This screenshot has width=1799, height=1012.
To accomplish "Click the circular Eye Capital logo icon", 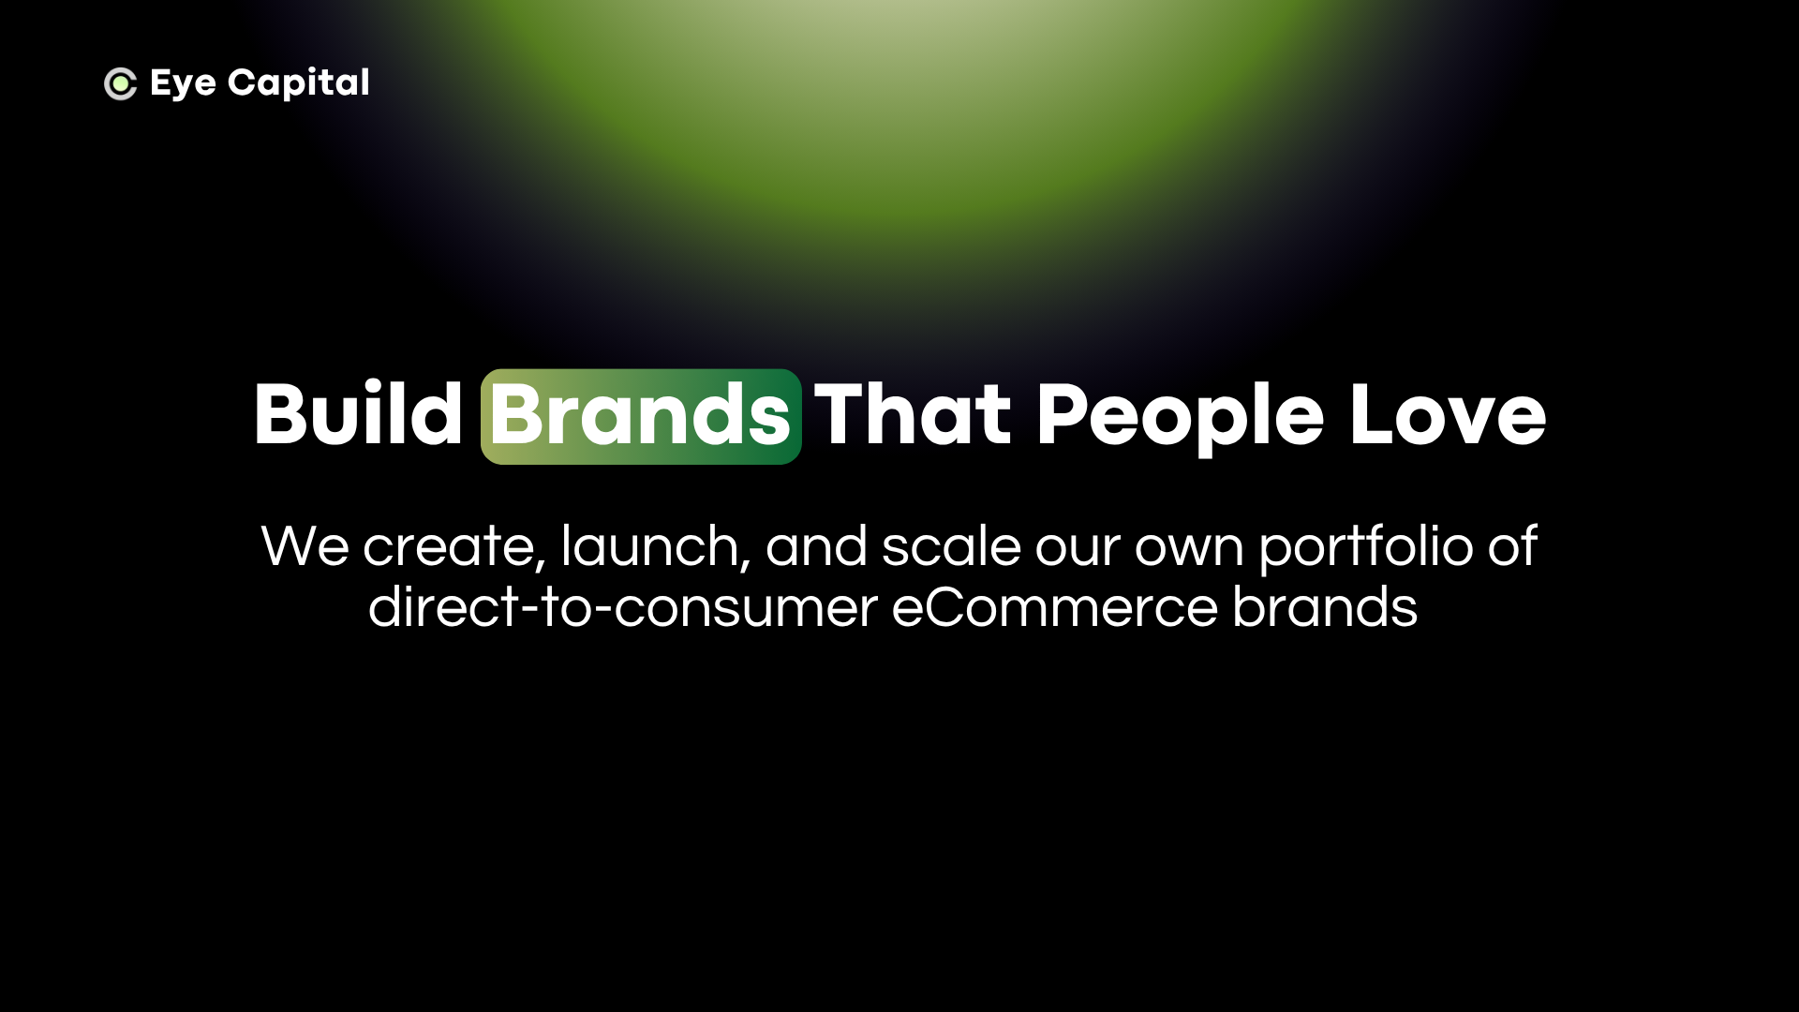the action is (x=120, y=83).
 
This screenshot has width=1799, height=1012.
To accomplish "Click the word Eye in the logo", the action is (x=183, y=84).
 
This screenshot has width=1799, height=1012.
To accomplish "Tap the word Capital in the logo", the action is (x=298, y=83).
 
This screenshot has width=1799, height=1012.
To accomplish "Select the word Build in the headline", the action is (x=358, y=414).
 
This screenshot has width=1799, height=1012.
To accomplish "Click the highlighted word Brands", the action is (x=641, y=416).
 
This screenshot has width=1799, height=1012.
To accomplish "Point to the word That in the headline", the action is (x=912, y=414).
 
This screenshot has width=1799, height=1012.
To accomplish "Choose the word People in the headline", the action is (x=1180, y=418).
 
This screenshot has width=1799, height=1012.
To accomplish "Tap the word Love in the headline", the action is (x=1448, y=414).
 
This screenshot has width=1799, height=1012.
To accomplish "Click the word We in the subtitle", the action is (x=305, y=546).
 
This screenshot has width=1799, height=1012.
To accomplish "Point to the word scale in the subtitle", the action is (x=950, y=546).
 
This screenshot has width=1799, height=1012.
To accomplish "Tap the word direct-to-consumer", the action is (x=622, y=607).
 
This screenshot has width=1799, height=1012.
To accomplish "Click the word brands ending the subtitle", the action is (x=1324, y=607).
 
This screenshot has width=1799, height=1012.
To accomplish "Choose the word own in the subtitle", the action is (x=1189, y=549).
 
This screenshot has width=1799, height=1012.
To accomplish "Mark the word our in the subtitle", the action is (x=1077, y=549).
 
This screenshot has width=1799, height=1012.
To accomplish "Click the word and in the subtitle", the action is (x=816, y=546).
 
